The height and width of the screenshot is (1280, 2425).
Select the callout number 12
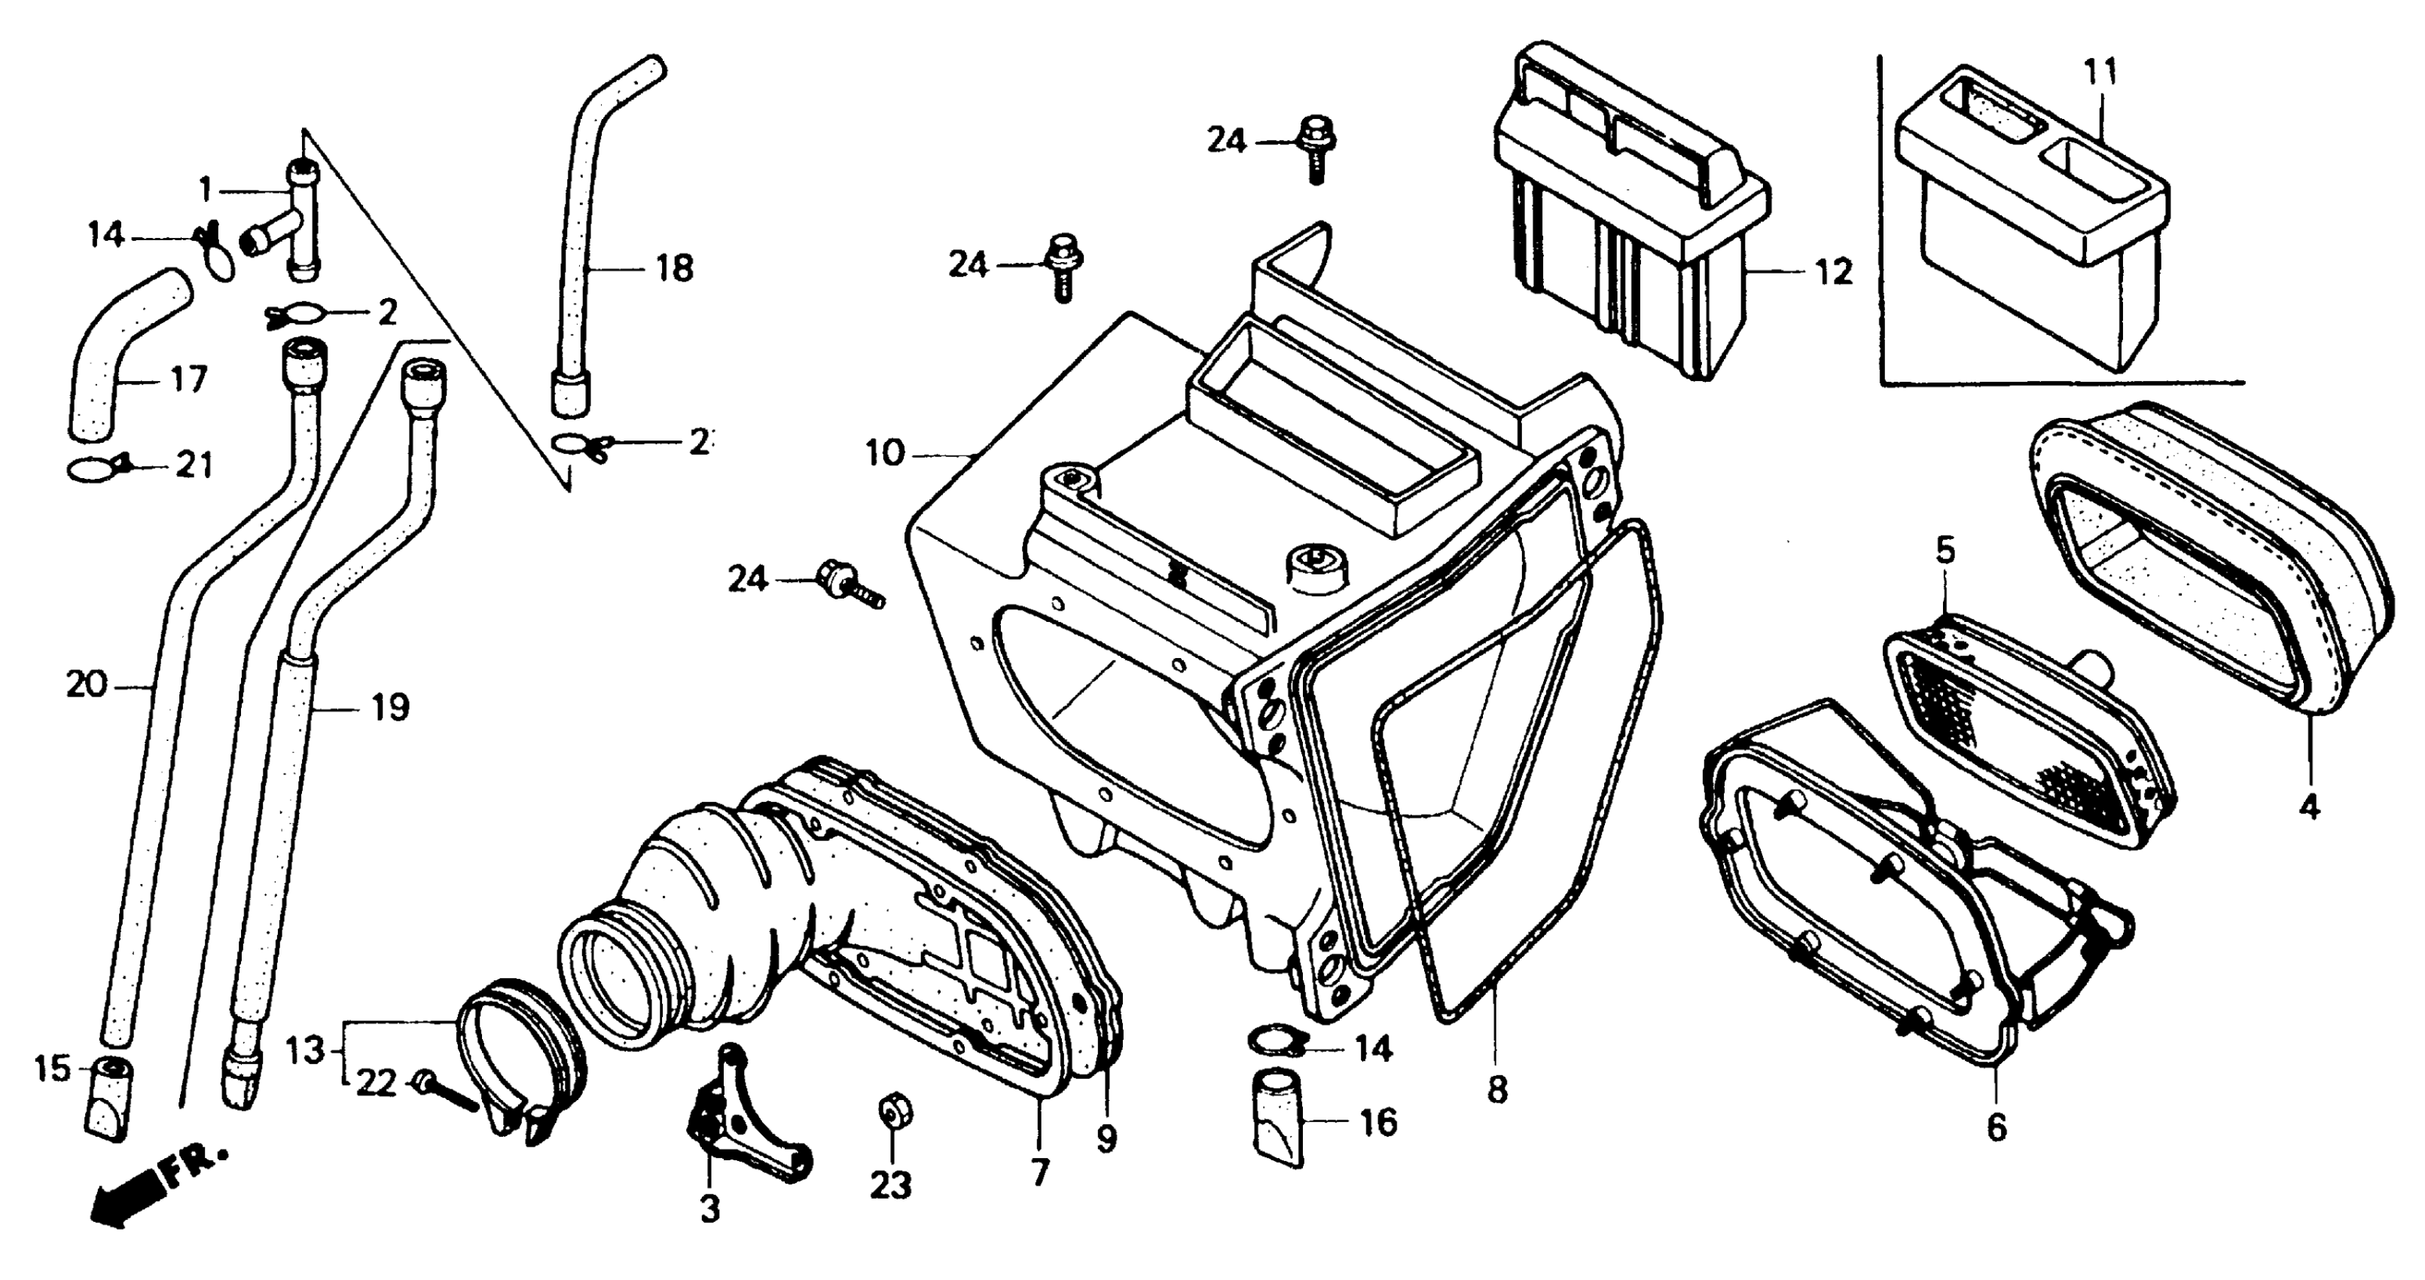1831,272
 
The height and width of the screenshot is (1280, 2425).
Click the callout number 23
890,1185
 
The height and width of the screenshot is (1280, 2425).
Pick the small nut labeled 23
889,1111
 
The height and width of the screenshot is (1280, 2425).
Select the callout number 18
674,268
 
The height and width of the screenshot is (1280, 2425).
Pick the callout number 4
2309,806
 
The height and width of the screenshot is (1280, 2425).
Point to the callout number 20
87,684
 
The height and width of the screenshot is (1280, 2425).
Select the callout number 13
306,1050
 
